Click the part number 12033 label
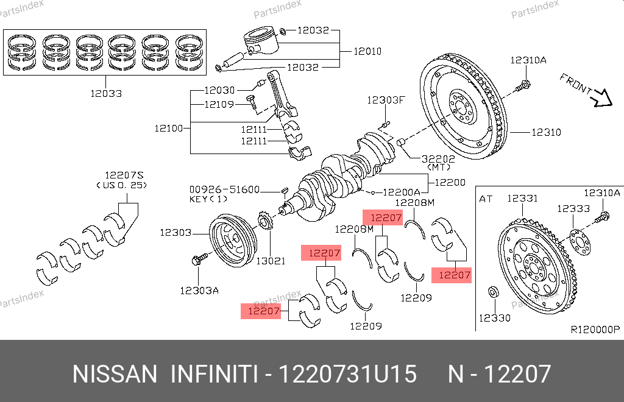[106, 94]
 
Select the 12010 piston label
[367, 51]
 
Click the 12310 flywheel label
[546, 132]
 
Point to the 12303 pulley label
[176, 232]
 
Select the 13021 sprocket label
[270, 261]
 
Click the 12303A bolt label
[199, 290]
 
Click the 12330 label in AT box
[494, 318]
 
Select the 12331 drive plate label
[522, 198]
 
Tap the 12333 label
[573, 208]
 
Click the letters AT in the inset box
[486, 199]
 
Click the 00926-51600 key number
[224, 189]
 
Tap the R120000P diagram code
[595, 330]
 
